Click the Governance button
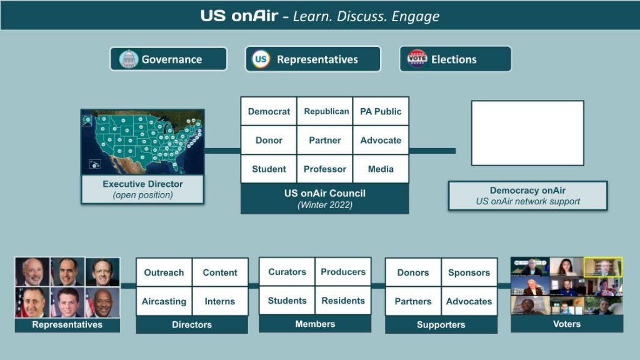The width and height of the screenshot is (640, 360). click(168, 59)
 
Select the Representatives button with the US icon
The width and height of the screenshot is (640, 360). click(312, 59)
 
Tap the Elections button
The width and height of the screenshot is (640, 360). click(455, 59)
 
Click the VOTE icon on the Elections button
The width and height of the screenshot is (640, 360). click(417, 59)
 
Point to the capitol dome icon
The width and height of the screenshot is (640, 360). click(128, 59)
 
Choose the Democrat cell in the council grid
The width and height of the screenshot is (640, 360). click(269, 111)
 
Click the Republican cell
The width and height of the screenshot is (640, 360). click(326, 111)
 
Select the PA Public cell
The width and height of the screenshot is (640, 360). click(381, 111)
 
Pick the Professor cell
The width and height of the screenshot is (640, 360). click(325, 169)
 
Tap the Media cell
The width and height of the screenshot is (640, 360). click(381, 169)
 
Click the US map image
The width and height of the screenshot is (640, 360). click(142, 142)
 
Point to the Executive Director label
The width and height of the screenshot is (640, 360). click(142, 189)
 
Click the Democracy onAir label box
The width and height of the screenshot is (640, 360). click(527, 196)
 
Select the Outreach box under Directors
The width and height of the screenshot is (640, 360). click(164, 272)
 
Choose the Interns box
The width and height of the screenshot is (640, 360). click(220, 301)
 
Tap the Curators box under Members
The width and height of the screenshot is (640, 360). click(287, 272)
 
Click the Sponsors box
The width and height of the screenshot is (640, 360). click(469, 272)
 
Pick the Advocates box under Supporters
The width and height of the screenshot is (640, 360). click(469, 301)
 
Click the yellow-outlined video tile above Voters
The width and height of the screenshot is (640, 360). click(603, 267)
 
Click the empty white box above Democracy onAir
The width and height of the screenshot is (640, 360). click(527, 133)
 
